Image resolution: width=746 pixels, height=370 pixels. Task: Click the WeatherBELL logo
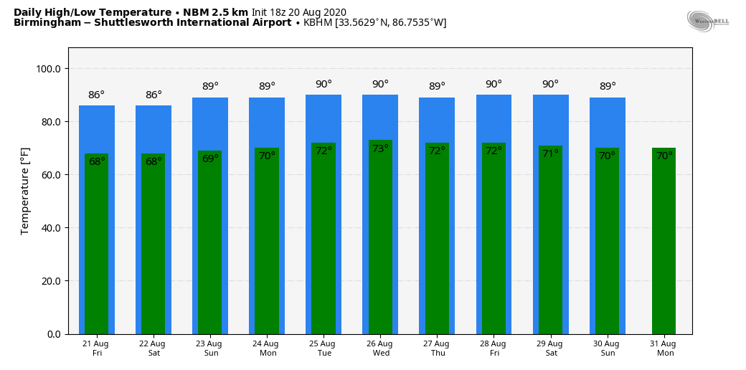pos(707,21)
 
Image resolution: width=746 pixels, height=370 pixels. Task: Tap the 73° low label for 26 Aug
pos(380,148)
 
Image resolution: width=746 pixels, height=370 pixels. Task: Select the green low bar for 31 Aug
pos(664,244)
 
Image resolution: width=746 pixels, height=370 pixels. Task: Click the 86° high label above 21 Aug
pos(96,95)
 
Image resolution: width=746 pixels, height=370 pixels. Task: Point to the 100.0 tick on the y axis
pos(49,69)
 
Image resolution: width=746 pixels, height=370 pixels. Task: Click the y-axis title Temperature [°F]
pos(25,191)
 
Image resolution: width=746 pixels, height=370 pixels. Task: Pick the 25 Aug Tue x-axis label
pos(324,348)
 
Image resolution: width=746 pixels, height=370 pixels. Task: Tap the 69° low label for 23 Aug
pos(210,158)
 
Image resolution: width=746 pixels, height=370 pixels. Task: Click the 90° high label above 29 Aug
pos(550,84)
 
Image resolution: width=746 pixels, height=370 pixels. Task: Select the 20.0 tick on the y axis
pos(50,281)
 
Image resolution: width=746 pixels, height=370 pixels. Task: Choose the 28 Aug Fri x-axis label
pos(494,348)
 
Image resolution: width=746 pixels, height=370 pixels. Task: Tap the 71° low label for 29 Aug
pos(550,153)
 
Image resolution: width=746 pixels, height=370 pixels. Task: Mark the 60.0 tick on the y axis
pos(50,175)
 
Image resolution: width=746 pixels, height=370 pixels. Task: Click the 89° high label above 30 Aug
pos(608,86)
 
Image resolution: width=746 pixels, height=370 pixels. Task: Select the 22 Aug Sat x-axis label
pos(154,348)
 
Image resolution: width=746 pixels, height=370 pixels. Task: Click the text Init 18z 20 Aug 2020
pos(299,12)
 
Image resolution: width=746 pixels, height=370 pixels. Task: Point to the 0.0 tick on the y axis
pos(53,334)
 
